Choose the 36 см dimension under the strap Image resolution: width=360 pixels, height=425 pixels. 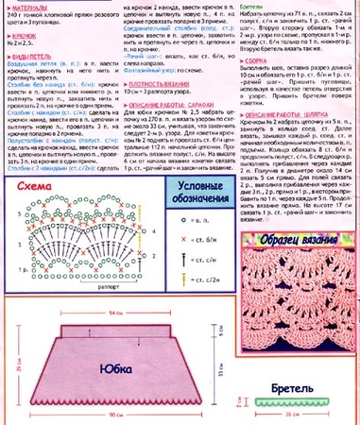(299, 415)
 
